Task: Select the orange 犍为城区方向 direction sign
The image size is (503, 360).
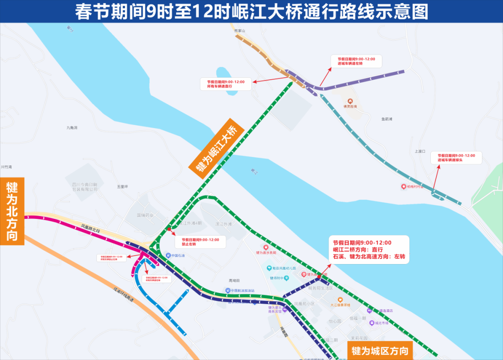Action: coord(380,350)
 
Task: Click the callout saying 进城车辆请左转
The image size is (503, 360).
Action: coord(356,61)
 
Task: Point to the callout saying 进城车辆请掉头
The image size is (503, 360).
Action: coord(456,157)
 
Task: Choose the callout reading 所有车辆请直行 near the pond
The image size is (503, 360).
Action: coord(225,84)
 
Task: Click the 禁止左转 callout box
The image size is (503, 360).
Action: coord(200,242)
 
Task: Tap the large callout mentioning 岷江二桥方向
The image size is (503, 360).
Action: coord(368,250)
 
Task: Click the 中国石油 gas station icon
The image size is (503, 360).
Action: coord(168,255)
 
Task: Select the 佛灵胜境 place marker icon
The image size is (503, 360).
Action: coord(350,101)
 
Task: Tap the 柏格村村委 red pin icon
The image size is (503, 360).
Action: coord(403,187)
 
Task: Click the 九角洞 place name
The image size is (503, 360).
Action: coord(72,127)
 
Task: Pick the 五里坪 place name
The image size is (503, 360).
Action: coord(122,186)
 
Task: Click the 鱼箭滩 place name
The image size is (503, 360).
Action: coord(387,119)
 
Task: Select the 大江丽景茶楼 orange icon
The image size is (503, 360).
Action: coord(340,299)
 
